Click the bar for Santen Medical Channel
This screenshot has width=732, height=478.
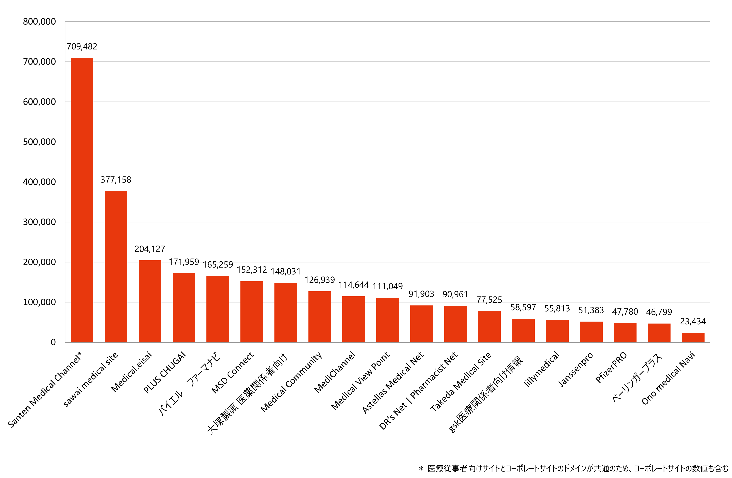[82, 200]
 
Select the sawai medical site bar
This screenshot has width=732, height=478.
[116, 266]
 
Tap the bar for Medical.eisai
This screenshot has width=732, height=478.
[150, 301]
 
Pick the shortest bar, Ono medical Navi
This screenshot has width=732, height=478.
[693, 337]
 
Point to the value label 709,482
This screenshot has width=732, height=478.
[82, 46]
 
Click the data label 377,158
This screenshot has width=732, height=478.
[116, 180]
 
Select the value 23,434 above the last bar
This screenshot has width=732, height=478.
[693, 321]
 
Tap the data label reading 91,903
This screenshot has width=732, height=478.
[421, 294]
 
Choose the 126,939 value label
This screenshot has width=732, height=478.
[320, 280]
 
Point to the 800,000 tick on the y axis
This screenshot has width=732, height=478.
[39, 22]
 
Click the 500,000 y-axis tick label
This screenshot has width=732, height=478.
[39, 142]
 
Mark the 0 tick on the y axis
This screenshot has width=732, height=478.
[53, 342]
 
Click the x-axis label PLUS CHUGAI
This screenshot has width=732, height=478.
[165, 373]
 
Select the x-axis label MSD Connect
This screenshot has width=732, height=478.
[233, 373]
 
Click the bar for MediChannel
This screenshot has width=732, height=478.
[353, 319]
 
